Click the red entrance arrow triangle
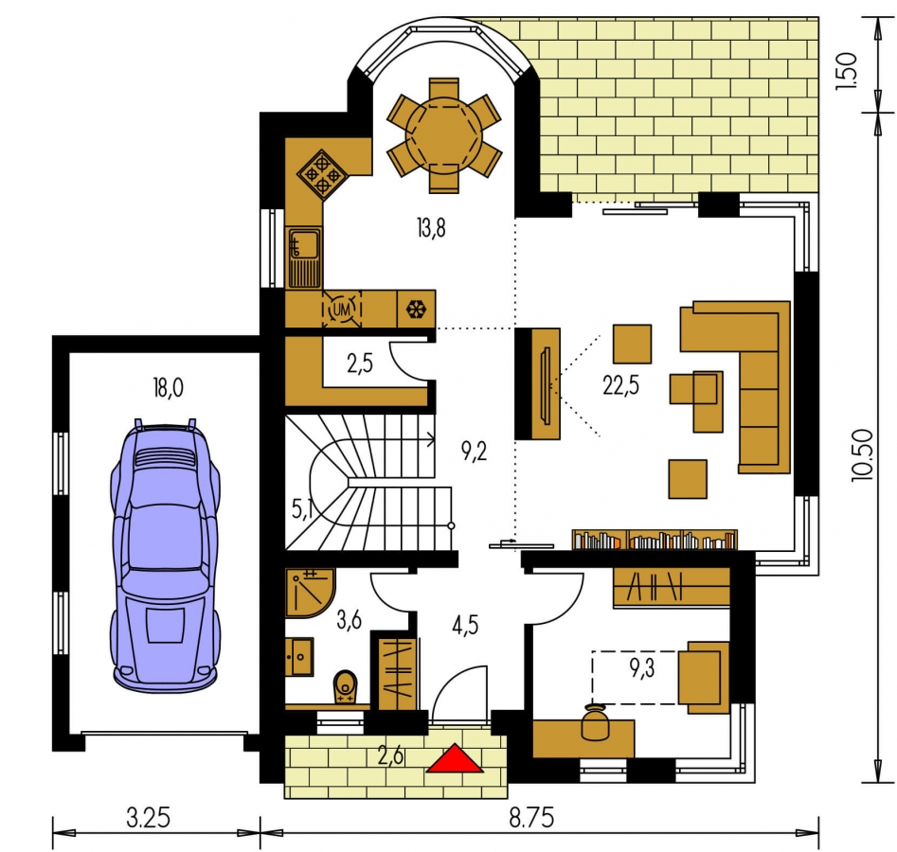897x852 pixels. [x=455, y=759]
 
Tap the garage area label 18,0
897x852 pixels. [x=168, y=388]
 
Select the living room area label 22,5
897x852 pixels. [x=620, y=385]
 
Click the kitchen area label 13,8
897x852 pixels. [x=431, y=228]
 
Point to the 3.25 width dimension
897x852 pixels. [x=148, y=818]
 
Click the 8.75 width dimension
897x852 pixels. [x=531, y=818]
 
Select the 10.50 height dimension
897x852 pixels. [x=862, y=454]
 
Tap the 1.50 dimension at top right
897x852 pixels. [x=846, y=70]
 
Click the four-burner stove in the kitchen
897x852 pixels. [x=322, y=173]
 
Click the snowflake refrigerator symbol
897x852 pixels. [x=416, y=310]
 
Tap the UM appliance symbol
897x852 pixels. [x=342, y=310]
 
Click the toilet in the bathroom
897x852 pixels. [x=345, y=686]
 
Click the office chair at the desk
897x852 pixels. [x=595, y=722]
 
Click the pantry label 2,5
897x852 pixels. [x=360, y=363]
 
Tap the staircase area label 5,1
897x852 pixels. [x=302, y=508]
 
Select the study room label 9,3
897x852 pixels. [x=642, y=667]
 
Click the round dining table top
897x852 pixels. [x=444, y=135]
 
